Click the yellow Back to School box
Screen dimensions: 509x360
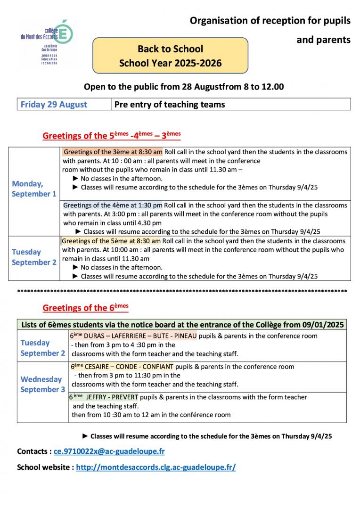click(x=170, y=56)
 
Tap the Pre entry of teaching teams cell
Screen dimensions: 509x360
click(x=170, y=104)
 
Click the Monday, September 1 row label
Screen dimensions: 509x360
click(x=34, y=189)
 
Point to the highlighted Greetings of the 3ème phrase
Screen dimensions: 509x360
click(x=113, y=152)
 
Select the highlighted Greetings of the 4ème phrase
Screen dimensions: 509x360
click(x=113, y=205)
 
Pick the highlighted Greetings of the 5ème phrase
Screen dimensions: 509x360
click(x=111, y=241)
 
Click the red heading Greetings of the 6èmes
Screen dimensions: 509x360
click(x=85, y=308)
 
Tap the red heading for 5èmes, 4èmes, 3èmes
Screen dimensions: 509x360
click(x=112, y=136)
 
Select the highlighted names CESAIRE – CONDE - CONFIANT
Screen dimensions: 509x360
click(x=129, y=367)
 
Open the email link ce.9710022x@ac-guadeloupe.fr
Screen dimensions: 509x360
click(x=109, y=451)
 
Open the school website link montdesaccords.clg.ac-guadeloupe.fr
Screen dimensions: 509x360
click(x=155, y=467)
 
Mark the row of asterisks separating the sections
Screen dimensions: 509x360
click(x=182, y=291)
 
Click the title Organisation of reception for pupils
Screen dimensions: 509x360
click(x=270, y=21)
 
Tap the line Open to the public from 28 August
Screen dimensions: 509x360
click(x=184, y=87)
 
